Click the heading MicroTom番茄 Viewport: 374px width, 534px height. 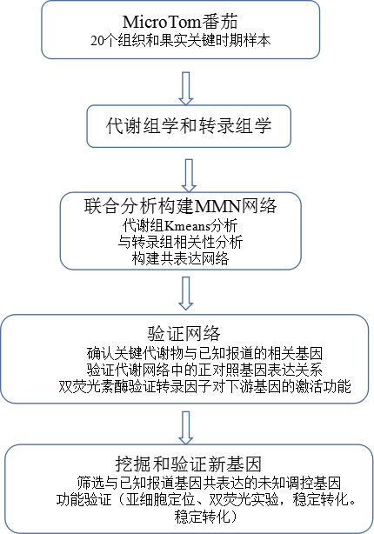[x=180, y=22]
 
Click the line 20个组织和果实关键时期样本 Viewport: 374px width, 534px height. [x=181, y=41]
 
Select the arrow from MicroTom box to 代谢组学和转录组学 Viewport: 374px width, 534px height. [x=186, y=88]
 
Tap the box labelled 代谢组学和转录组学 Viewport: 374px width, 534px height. [x=189, y=126]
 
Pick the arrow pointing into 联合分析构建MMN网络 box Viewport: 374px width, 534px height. [x=189, y=176]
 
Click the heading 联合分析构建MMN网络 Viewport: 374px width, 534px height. [x=181, y=206]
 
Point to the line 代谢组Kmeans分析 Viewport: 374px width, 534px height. [x=180, y=225]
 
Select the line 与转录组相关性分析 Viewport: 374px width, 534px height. [x=180, y=242]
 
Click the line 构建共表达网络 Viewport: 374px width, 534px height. [x=180, y=258]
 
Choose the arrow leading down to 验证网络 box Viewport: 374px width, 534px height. [x=186, y=293]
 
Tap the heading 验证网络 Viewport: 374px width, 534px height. [x=184, y=333]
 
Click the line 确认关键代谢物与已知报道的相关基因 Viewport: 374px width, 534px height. [x=204, y=353]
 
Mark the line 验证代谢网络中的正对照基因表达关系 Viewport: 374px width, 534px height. [x=204, y=370]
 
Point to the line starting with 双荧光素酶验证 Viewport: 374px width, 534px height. [x=204, y=386]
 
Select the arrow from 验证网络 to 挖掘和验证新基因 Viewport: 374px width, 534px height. [x=186, y=428]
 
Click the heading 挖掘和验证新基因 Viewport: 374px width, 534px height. [x=188, y=464]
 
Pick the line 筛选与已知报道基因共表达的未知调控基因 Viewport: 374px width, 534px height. [x=209, y=483]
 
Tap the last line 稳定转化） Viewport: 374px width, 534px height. [x=205, y=517]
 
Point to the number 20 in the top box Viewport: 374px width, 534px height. [x=97, y=41]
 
